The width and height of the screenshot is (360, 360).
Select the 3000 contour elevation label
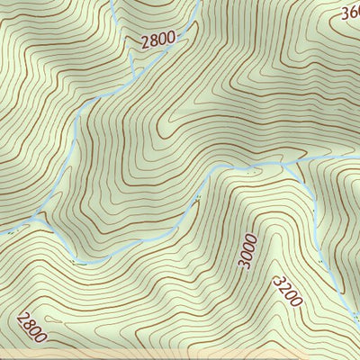[248, 251]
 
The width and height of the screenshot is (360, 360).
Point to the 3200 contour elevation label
[287, 291]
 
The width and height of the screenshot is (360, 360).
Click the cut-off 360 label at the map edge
[351, 13]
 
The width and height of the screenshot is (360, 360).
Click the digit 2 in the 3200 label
[283, 287]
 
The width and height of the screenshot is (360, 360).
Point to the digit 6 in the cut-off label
[355, 13]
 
